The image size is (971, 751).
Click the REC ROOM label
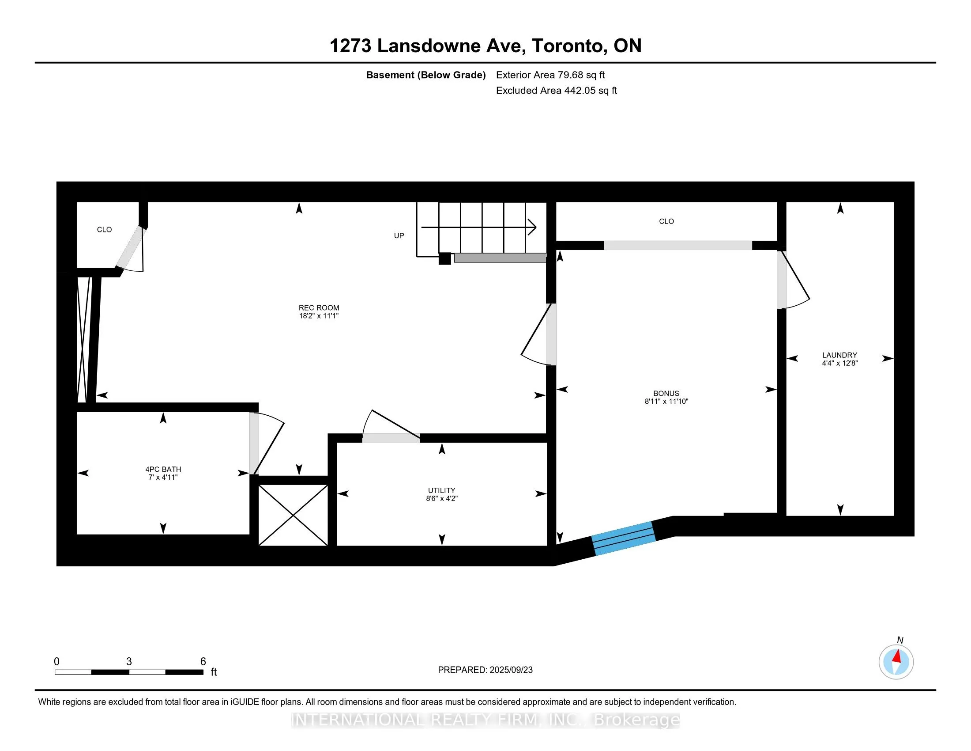[x=319, y=307]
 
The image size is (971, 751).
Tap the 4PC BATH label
[x=163, y=469]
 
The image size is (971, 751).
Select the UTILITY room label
[x=441, y=490]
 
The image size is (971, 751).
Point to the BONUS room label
[x=666, y=393]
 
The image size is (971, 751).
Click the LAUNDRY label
[x=839, y=355]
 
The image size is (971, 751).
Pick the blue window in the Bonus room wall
[x=624, y=539]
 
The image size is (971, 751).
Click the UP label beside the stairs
[x=399, y=236]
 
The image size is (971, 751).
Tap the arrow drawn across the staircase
[x=478, y=227]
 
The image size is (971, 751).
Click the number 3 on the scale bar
[x=129, y=662]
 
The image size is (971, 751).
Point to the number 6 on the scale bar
[x=203, y=662]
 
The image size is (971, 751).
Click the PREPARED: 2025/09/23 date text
[x=485, y=670]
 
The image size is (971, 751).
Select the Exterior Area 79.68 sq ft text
[x=550, y=75]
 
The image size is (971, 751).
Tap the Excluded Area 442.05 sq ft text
[x=557, y=90]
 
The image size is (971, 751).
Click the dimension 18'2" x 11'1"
[x=319, y=316]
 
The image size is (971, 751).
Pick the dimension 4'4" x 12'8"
[x=839, y=363]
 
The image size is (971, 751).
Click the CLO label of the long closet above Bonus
[x=666, y=221]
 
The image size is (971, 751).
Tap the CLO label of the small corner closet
[x=105, y=230]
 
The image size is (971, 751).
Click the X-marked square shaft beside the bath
[x=293, y=515]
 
